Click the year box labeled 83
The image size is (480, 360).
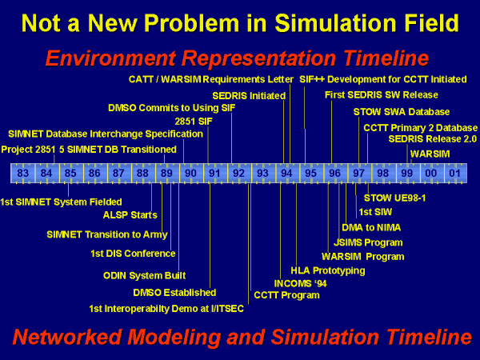pyautogui.click(x=23, y=174)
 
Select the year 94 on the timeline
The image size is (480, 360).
pyautogui.click(x=287, y=174)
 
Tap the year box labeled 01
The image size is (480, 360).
pyautogui.click(x=455, y=174)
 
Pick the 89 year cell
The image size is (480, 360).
pyautogui.click(x=167, y=174)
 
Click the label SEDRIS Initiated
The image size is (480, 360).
pyautogui.click(x=249, y=96)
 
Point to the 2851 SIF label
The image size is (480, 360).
pyautogui.click(x=194, y=122)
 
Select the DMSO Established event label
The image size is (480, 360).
pyautogui.click(x=174, y=293)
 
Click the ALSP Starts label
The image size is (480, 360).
pyautogui.click(x=130, y=215)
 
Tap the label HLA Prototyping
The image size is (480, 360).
pyautogui.click(x=328, y=270)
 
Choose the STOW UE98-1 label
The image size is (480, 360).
pyautogui.click(x=395, y=198)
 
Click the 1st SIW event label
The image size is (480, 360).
pyautogui.click(x=375, y=212)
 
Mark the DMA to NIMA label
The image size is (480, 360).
pyautogui.click(x=371, y=227)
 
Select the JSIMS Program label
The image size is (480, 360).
pyautogui.click(x=368, y=242)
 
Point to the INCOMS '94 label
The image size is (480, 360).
pyautogui.click(x=300, y=284)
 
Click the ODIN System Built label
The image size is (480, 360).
pyautogui.click(x=145, y=275)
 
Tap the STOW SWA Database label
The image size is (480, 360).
pyautogui.click(x=402, y=112)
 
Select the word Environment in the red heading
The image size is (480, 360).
pyautogui.click(x=110, y=58)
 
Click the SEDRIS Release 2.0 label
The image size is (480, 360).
pyautogui.click(x=433, y=139)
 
